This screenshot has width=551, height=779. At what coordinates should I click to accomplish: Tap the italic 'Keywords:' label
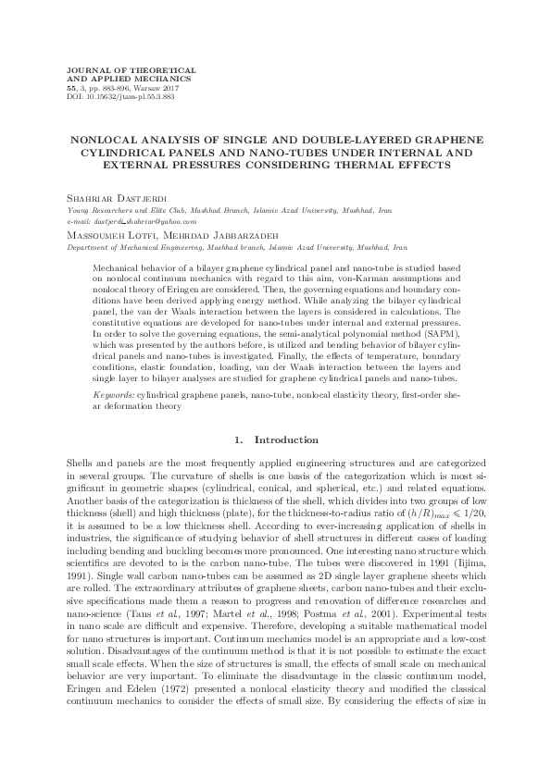click(113, 419)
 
